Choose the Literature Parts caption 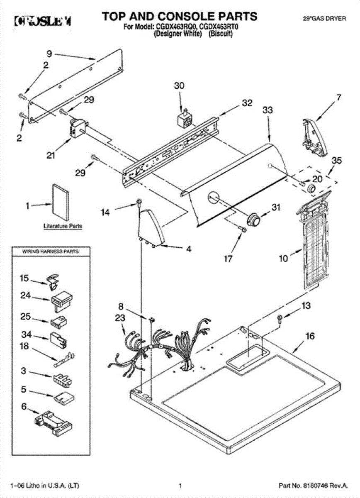63,226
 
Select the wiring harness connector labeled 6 54,423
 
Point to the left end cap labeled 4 151,227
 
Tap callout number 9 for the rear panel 49,54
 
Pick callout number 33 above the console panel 268,110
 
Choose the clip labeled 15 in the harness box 52,280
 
